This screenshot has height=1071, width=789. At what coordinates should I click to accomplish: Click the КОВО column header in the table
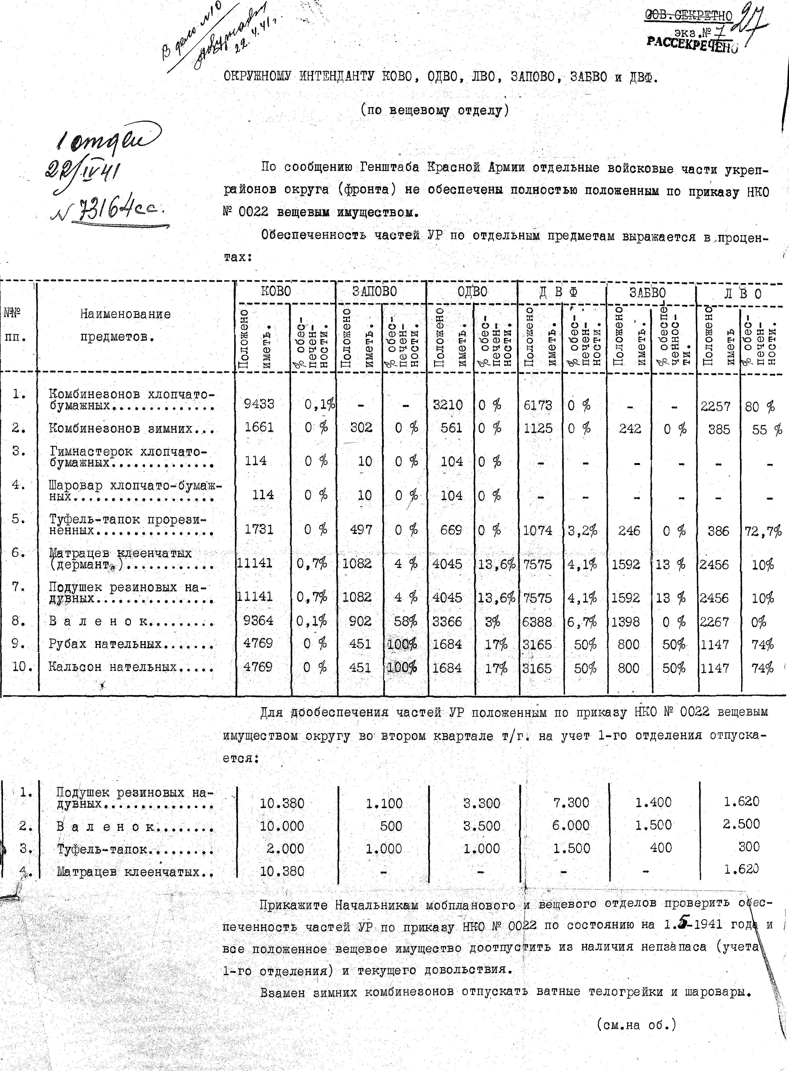pyautogui.click(x=276, y=291)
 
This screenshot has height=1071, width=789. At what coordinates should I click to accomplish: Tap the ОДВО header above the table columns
pyautogui.click(x=472, y=291)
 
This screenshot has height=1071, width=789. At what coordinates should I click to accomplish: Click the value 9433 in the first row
pyautogui.click(x=259, y=404)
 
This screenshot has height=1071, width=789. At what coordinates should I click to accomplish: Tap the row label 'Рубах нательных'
pyautogui.click(x=130, y=644)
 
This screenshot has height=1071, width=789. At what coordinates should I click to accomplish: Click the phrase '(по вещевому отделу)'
pyautogui.click(x=435, y=111)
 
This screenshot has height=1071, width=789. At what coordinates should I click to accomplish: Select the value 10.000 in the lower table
pyautogui.click(x=282, y=826)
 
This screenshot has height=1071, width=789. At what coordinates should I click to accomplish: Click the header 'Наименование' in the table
pyautogui.click(x=125, y=314)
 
